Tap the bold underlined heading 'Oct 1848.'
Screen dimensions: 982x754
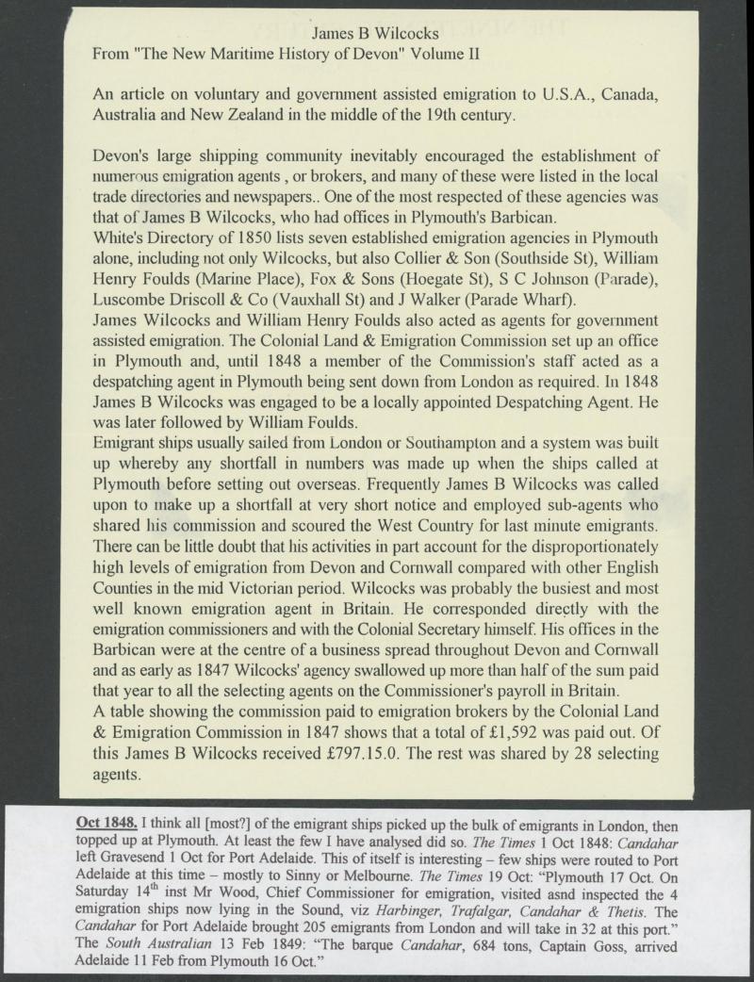pos(112,820)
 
